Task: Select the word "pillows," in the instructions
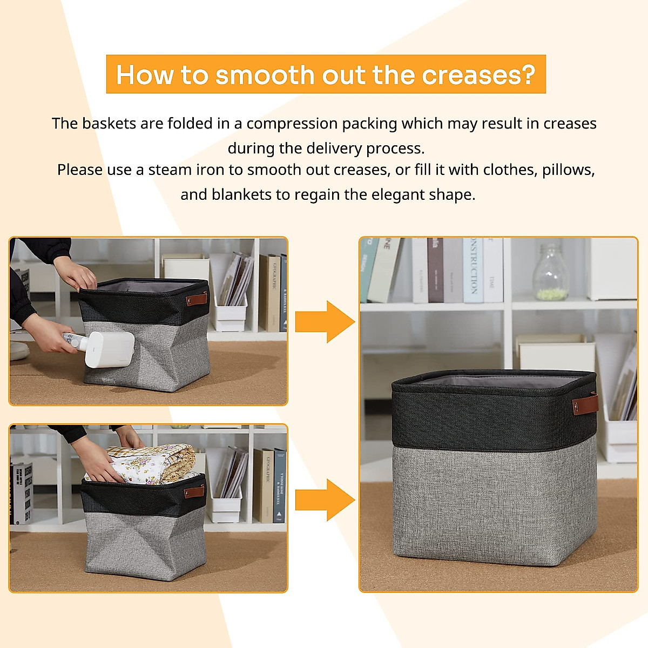point(568,170)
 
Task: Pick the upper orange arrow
point(325,322)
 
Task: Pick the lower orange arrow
point(325,500)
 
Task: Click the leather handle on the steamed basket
point(197,299)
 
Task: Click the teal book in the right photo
point(369,269)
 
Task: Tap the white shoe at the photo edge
point(18,350)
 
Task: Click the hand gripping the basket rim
point(78,278)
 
